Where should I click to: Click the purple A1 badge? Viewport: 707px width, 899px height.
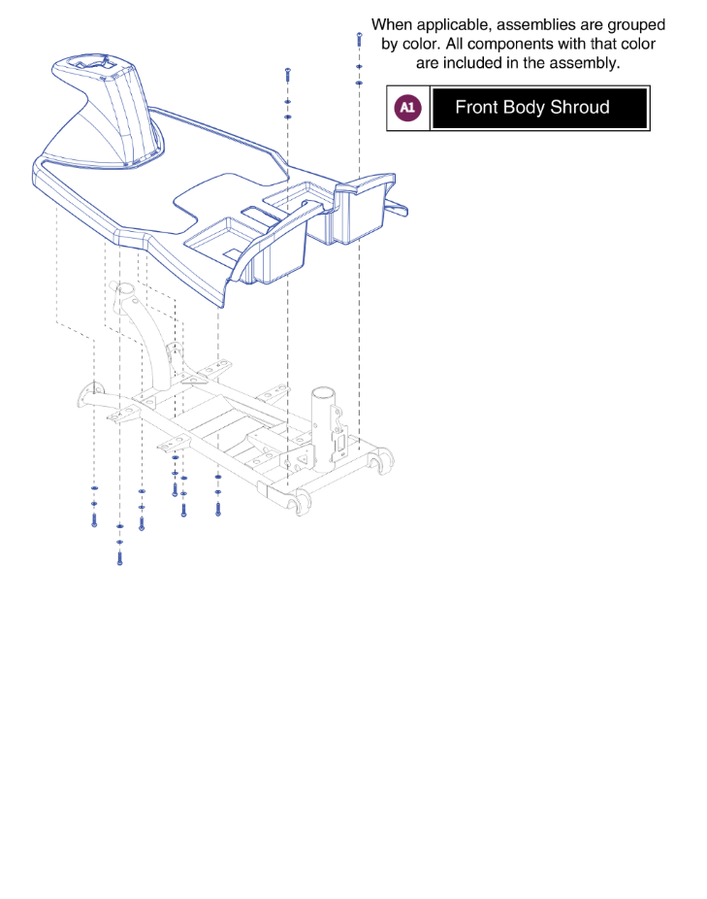pos(407,108)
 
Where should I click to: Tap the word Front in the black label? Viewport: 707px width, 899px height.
pos(476,108)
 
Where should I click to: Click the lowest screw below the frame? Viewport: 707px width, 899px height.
pos(119,557)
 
